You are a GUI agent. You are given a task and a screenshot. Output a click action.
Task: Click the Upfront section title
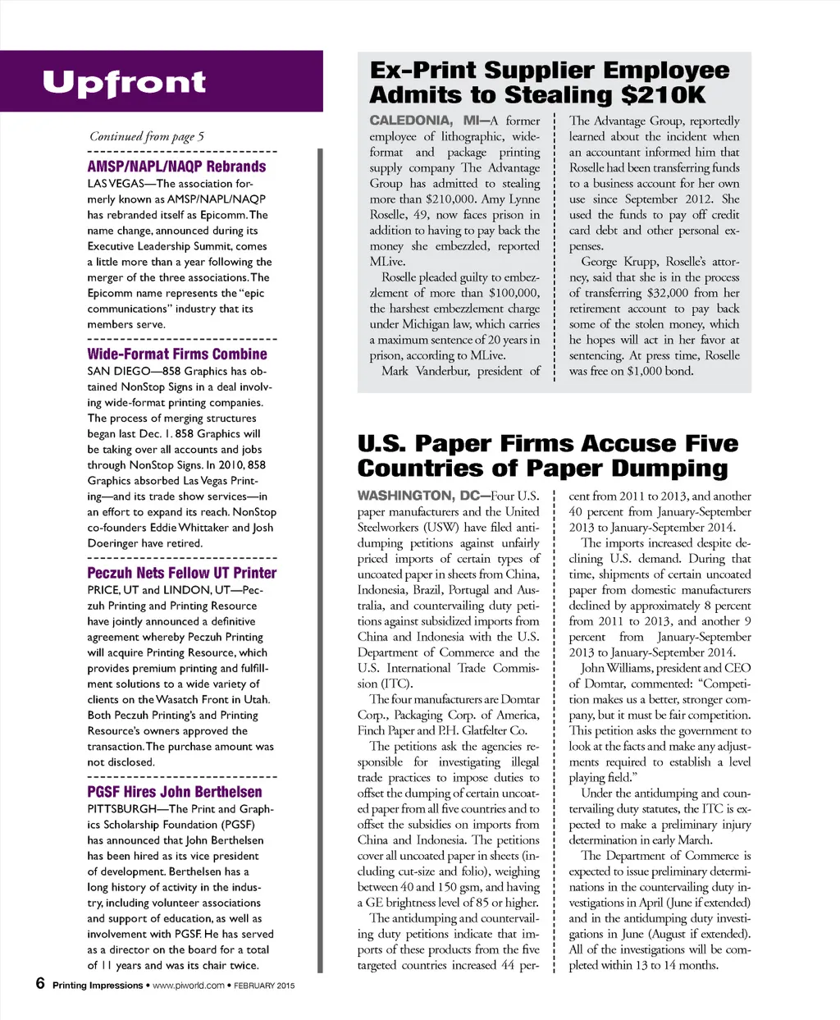[x=124, y=83]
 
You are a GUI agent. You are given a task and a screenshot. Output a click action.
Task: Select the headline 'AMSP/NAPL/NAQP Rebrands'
[x=176, y=167]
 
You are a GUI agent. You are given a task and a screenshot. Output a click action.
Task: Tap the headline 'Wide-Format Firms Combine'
[x=177, y=354]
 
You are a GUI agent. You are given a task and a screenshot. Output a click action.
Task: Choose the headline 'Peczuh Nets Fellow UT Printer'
[x=181, y=573]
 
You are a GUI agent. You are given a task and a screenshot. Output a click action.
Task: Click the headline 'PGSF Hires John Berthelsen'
[x=175, y=792]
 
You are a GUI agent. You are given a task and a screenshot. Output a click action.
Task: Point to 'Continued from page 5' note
[x=147, y=137]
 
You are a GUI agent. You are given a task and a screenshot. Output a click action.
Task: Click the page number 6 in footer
[x=40, y=983]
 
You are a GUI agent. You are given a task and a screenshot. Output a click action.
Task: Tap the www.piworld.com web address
[x=188, y=986]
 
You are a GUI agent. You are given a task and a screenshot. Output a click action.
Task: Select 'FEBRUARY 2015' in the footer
[x=264, y=986]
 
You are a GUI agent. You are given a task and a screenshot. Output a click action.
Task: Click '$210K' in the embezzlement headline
[x=663, y=95]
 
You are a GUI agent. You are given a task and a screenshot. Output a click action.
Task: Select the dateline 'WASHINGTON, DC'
[x=422, y=496]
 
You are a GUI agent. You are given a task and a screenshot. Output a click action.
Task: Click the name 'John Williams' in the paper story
[x=617, y=668]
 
